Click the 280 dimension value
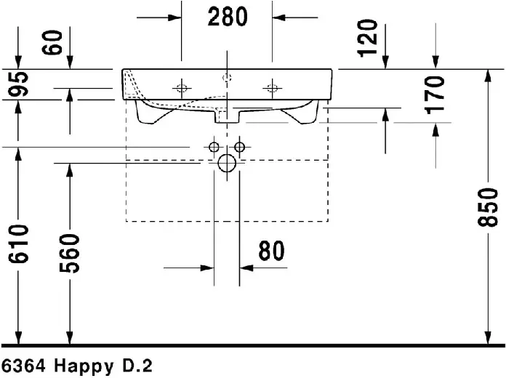[228, 17]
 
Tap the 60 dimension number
[52, 42]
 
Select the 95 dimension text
[18, 84]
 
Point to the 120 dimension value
[367, 39]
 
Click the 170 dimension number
[434, 95]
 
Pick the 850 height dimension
[488, 208]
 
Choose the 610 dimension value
[18, 244]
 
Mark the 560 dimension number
[69, 254]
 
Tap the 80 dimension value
[271, 251]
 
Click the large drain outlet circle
[227, 164]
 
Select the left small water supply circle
[214, 147]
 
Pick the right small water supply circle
[239, 147]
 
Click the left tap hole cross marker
[182, 88]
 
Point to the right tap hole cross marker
[272, 88]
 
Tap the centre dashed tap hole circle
[227, 78]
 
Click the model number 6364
[23, 366]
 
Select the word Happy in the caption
[84, 366]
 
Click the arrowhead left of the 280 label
[175, 17]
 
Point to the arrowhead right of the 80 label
[246, 268]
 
